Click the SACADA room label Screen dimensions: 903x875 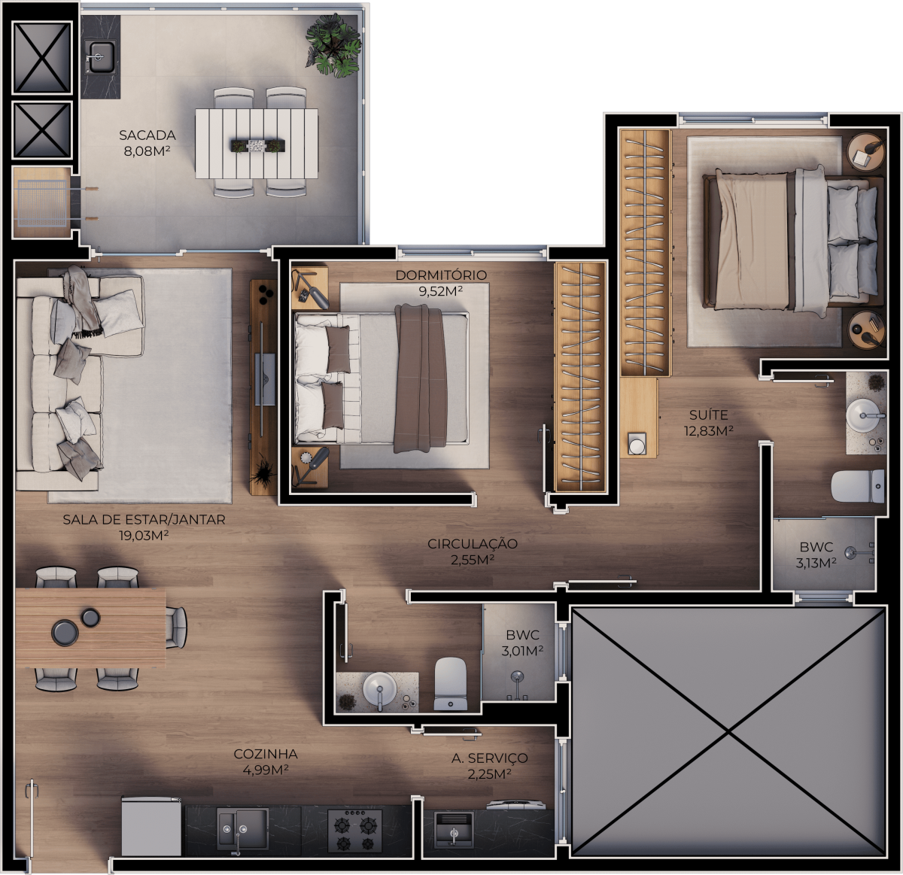[147, 135]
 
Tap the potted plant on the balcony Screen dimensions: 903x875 [333, 45]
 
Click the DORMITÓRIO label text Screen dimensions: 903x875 [441, 275]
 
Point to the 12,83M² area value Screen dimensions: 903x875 [708, 431]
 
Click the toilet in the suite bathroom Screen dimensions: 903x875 [858, 486]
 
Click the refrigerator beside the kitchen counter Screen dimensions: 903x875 [151, 826]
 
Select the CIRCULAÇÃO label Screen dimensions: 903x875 [473, 544]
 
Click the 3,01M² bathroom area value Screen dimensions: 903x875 [522, 651]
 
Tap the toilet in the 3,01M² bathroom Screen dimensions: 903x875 [450, 683]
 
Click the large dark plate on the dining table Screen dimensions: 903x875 [65, 632]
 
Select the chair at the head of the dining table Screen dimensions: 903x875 [176, 627]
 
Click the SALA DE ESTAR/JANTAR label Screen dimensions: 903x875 [144, 520]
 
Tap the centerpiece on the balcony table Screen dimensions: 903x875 [257, 145]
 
